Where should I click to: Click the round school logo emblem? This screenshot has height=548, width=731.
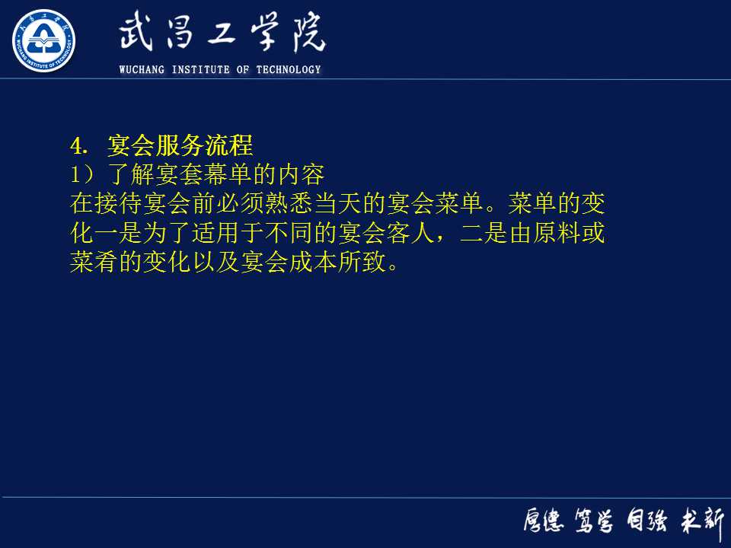43,40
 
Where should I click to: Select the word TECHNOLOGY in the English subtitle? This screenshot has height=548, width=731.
289,70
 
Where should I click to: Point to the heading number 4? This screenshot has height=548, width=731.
75,145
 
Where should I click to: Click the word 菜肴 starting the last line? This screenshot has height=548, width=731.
94,263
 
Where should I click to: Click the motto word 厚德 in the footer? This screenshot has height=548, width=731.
543,521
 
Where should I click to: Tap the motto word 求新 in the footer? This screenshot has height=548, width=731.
701,521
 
